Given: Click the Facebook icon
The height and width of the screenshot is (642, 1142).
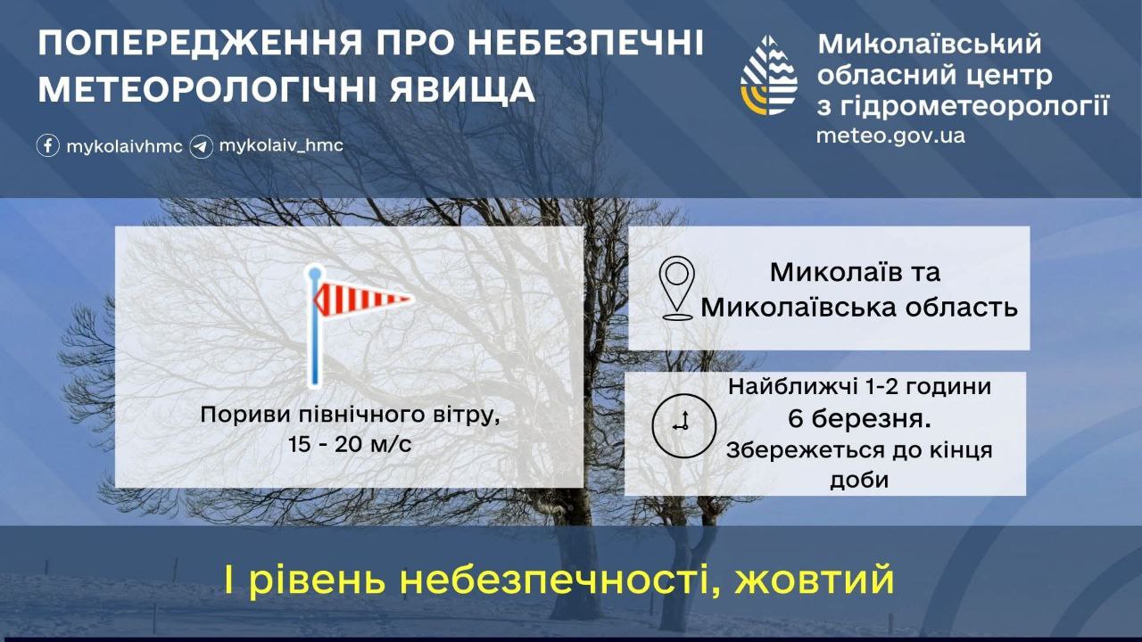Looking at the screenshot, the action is [x=48, y=145].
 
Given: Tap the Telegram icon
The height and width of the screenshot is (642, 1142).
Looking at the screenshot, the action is [x=201, y=147].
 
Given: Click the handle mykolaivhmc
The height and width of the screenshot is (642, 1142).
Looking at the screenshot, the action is [x=124, y=147].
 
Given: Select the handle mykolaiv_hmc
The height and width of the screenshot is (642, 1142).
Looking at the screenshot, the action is [x=281, y=145].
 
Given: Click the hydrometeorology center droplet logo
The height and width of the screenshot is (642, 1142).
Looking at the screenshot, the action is [x=769, y=75].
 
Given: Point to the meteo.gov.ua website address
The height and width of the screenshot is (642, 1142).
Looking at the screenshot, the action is [x=890, y=136].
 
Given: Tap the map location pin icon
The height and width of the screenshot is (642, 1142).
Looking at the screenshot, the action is [x=676, y=288].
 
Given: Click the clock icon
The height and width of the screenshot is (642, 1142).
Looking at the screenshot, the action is [x=684, y=425].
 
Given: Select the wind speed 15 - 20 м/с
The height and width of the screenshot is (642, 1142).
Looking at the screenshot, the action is [x=350, y=444].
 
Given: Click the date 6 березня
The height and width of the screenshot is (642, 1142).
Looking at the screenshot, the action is [x=859, y=419].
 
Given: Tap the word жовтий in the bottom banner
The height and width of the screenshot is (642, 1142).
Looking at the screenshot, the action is [x=815, y=580].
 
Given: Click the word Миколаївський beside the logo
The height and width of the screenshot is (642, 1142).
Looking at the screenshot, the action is [x=930, y=44].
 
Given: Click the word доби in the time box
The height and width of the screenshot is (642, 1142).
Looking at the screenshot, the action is [x=859, y=480].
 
